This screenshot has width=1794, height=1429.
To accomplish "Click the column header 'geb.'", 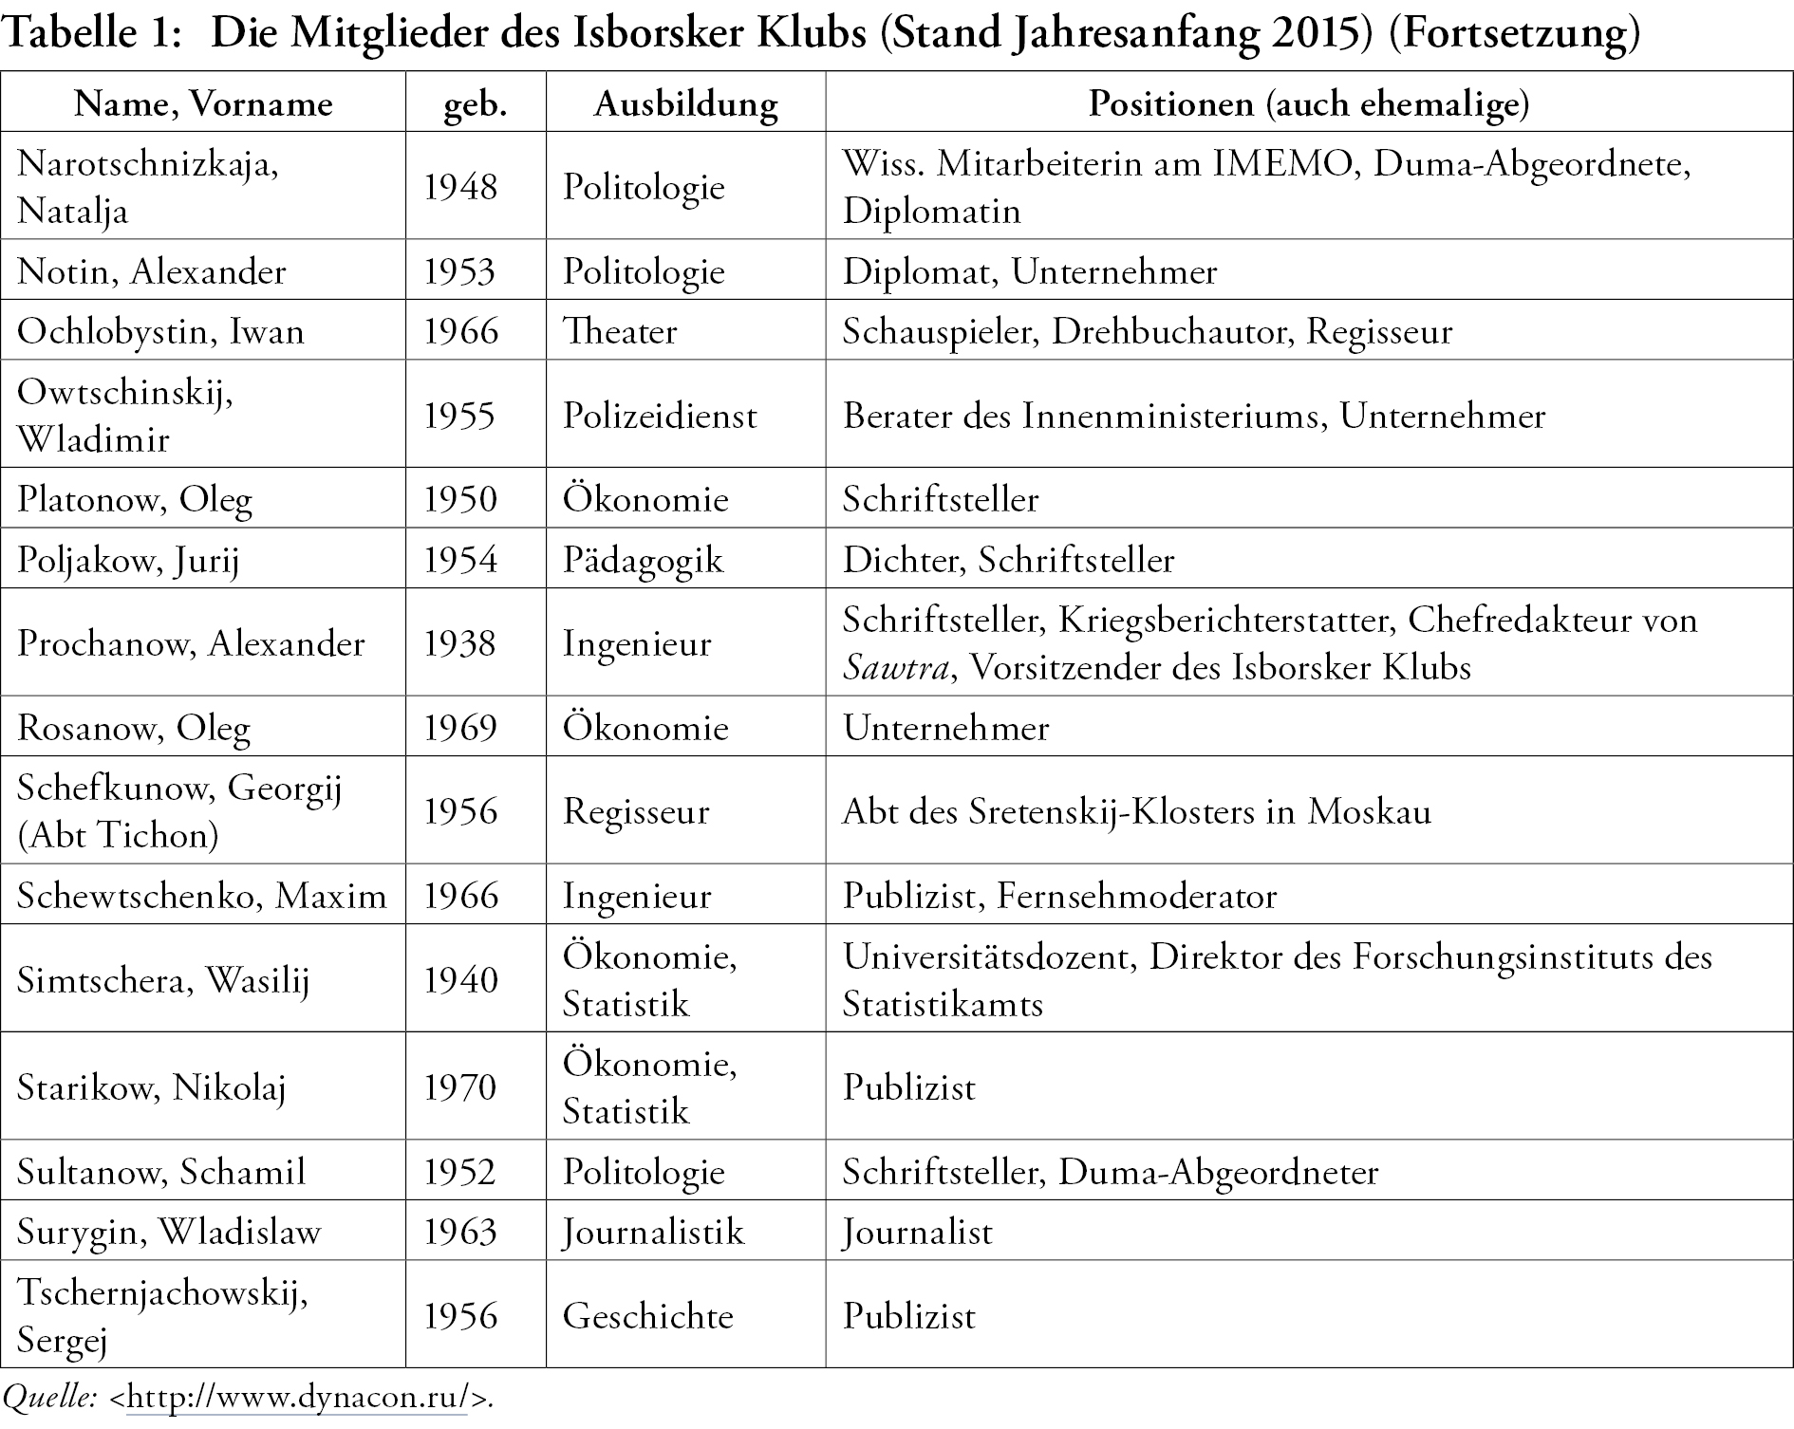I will [475, 102].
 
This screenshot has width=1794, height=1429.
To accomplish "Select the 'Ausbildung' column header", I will [685, 102].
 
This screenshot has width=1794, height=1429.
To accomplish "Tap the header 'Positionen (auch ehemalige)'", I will [1308, 102].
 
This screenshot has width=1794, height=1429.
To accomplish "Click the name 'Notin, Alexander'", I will [152, 271].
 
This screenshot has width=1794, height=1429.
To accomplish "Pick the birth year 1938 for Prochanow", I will [459, 643].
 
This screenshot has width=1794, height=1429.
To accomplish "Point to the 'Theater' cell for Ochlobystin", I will [620, 331].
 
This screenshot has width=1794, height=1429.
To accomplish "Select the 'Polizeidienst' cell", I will [660, 416].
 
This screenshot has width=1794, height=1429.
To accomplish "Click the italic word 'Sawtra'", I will [894, 669].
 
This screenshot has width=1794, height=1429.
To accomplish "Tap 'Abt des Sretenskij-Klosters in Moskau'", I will [1136, 811].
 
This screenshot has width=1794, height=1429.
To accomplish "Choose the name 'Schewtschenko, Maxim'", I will [201, 896].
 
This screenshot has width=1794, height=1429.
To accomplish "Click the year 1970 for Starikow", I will [459, 1086].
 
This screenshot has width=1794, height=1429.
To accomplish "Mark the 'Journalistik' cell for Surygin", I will [653, 1232].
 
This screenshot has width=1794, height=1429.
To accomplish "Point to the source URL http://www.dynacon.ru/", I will [300, 1398].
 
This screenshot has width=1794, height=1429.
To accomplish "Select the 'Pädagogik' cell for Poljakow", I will [643, 560].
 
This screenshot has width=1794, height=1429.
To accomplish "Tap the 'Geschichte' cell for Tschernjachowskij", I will [647, 1316].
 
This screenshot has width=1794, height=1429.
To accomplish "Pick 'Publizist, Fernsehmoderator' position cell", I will [1059, 896].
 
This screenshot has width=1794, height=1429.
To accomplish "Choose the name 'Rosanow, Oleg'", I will [134, 728].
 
